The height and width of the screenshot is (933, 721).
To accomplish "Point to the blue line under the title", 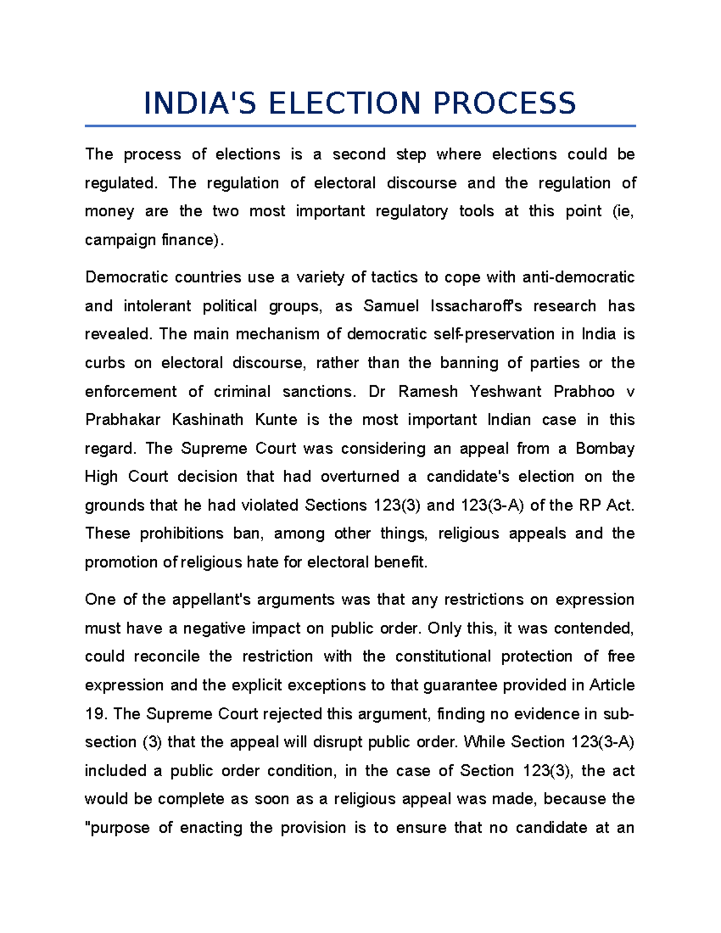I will pos(360,126).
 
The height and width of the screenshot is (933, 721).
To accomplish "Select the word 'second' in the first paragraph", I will pos(359,154).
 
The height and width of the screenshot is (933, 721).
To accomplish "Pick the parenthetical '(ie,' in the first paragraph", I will pos(622,211).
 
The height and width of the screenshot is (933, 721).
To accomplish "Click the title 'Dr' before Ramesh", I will pos(377,392).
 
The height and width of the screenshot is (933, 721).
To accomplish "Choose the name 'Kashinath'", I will pos(207,420).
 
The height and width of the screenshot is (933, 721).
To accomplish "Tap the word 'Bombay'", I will pos(605,449).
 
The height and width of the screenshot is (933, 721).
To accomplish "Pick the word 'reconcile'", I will pos(166,657).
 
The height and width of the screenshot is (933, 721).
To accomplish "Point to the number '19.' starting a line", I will pos(96,714).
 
